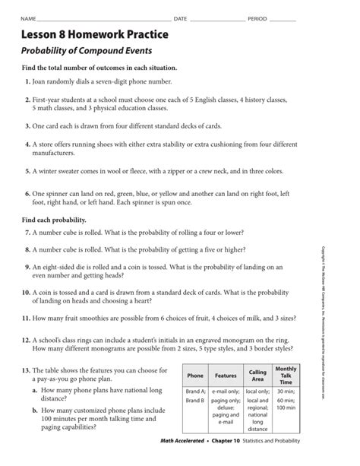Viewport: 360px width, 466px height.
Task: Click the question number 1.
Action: point(28,81)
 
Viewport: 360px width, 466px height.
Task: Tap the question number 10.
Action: point(26,291)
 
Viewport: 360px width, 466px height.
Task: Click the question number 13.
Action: point(26,369)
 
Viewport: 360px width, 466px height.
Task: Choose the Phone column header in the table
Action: point(195,376)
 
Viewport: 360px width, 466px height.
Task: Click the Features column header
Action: point(226,376)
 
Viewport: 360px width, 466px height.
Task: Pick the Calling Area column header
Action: point(257,376)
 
